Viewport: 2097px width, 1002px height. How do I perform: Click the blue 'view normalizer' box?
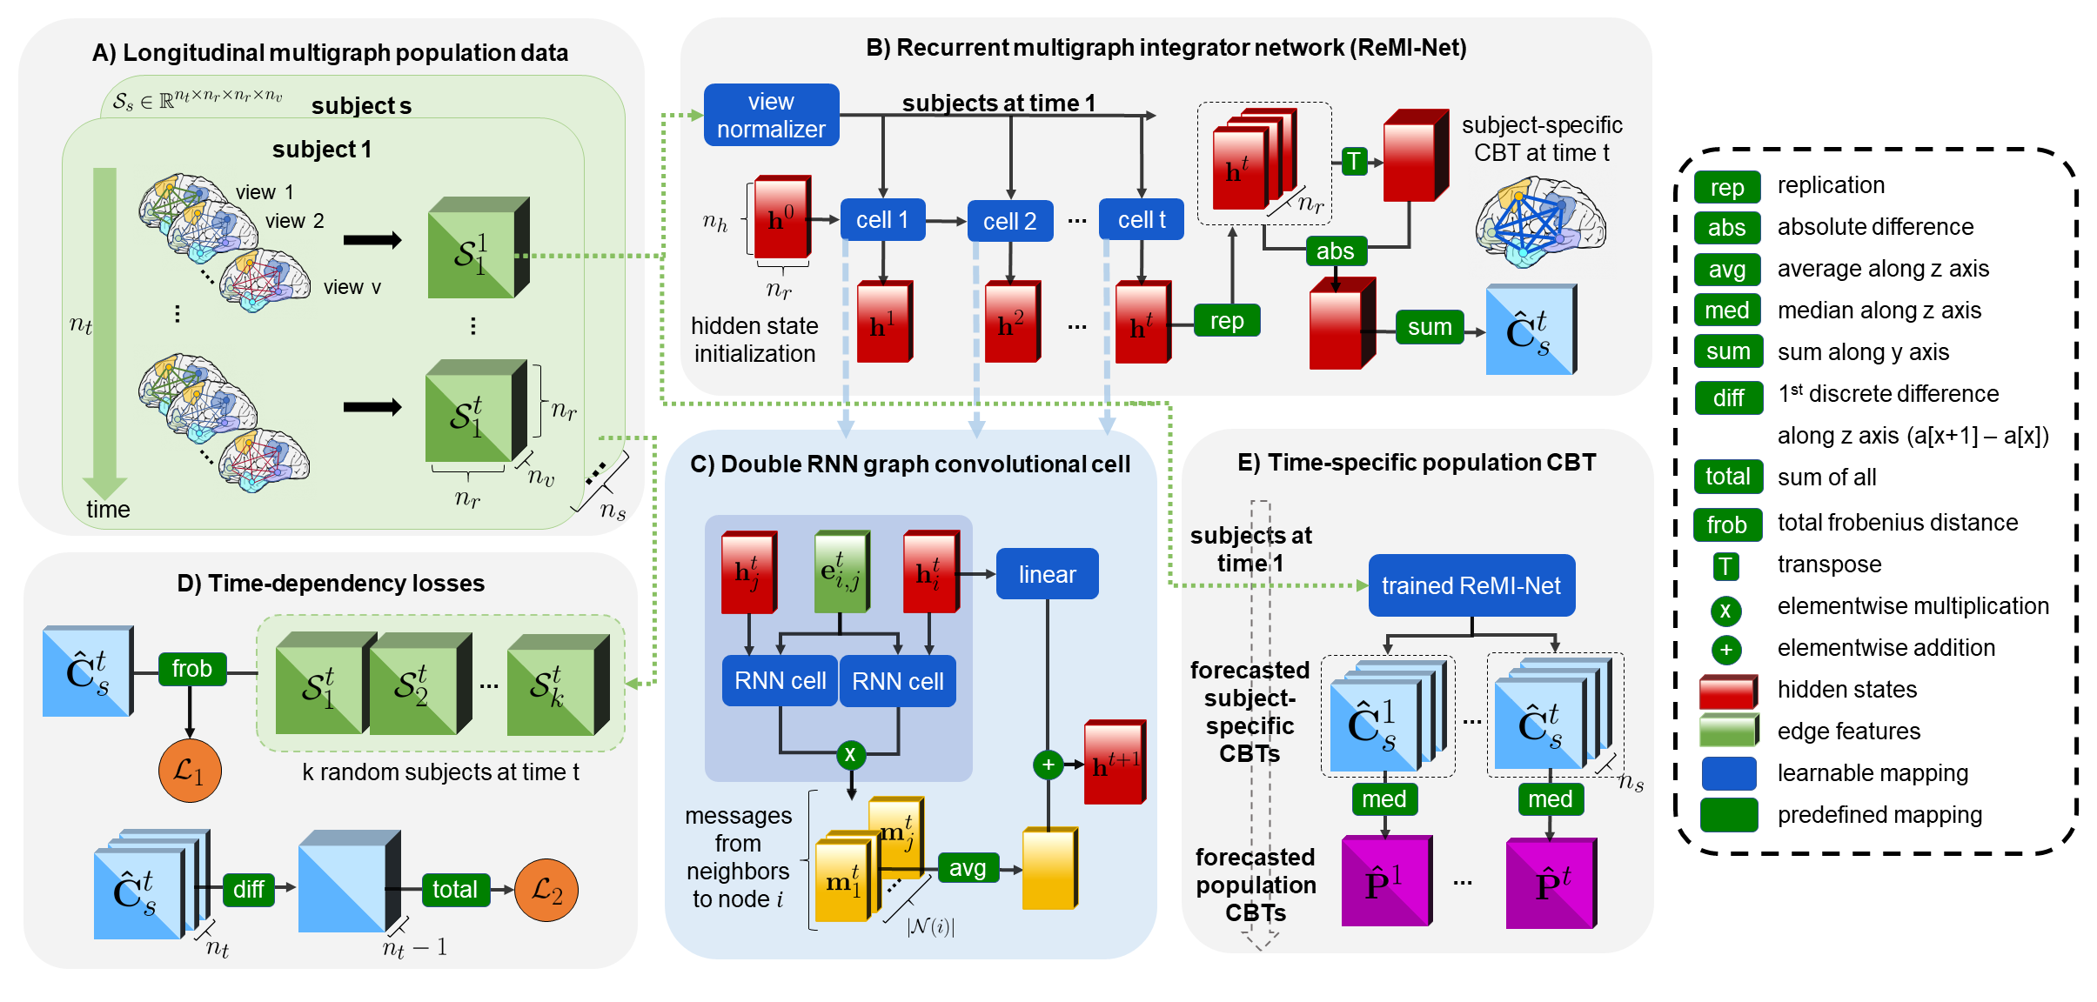pyautogui.click(x=771, y=115)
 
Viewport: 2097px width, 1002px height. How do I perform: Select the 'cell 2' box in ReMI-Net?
pyautogui.click(x=1009, y=221)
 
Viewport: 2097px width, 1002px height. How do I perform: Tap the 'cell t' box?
pyautogui.click(x=1141, y=220)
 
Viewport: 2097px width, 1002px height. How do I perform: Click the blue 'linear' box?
pyautogui.click(x=1047, y=574)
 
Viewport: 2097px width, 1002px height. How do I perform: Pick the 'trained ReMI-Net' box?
pyautogui.click(x=1471, y=585)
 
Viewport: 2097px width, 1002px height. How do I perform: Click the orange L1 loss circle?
pyautogui.click(x=190, y=771)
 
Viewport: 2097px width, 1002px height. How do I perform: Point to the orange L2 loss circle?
pyautogui.click(x=546, y=890)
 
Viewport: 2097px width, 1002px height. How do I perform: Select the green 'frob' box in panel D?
pyautogui.click(x=191, y=668)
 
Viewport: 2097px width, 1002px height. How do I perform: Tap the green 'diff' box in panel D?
pyautogui.click(x=248, y=889)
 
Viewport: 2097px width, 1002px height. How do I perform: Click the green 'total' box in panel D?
pyautogui.click(x=455, y=889)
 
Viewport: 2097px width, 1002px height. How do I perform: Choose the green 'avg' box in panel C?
pyautogui.click(x=968, y=867)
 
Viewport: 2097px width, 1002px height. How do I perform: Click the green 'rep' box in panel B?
pyautogui.click(x=1227, y=321)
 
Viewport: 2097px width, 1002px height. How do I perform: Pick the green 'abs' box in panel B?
pyautogui.click(x=1335, y=250)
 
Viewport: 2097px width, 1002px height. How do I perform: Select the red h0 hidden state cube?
pyautogui.click(x=781, y=218)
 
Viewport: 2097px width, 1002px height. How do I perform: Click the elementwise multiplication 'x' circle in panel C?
pyautogui.click(x=850, y=754)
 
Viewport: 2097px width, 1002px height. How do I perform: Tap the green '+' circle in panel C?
pyautogui.click(x=1048, y=765)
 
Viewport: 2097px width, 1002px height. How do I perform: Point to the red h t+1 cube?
pyautogui.click(x=1115, y=763)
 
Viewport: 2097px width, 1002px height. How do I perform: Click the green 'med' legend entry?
pyautogui.click(x=1727, y=311)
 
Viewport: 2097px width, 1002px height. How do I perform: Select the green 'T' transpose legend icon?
pyautogui.click(x=1725, y=567)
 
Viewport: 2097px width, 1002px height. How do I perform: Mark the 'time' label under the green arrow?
pyautogui.click(x=108, y=510)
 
